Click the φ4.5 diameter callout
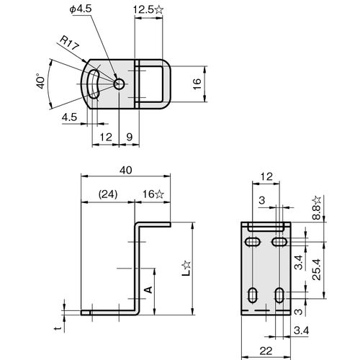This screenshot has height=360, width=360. [x=81, y=9]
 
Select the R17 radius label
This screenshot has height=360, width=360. [x=69, y=43]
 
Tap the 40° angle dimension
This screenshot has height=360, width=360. [x=41, y=83]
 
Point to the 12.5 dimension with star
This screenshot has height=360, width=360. [x=148, y=10]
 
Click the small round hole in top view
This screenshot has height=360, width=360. [x=119, y=84]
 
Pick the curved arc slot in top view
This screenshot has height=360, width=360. [x=93, y=84]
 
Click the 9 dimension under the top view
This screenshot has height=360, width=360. [x=130, y=137]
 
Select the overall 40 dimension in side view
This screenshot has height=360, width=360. [x=126, y=170]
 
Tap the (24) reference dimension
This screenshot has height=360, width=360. [x=108, y=194]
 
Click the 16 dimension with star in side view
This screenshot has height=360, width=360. [x=153, y=194]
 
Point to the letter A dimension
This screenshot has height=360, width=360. [x=149, y=289]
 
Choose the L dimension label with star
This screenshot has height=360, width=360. [x=186, y=269]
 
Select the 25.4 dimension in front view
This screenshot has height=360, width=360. [x=317, y=269]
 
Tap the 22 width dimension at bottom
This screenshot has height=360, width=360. [x=266, y=351]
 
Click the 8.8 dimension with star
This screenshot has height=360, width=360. [x=317, y=208]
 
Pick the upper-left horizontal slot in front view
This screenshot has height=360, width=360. [x=253, y=242]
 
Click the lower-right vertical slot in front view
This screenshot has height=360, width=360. [x=279, y=295]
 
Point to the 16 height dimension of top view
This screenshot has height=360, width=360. [x=197, y=84]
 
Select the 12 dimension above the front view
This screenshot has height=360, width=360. [x=266, y=176]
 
